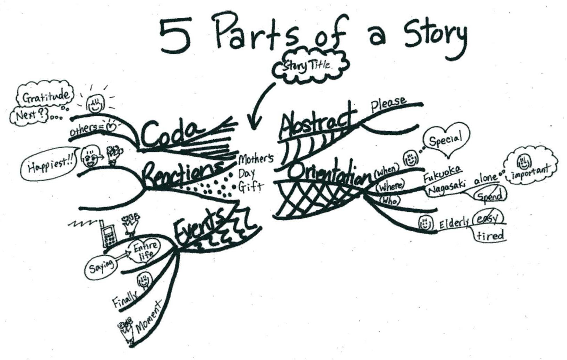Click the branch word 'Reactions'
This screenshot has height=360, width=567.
click(x=182, y=173)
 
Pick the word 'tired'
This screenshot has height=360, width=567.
click(x=490, y=236)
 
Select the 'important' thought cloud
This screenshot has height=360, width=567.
click(x=531, y=167)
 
